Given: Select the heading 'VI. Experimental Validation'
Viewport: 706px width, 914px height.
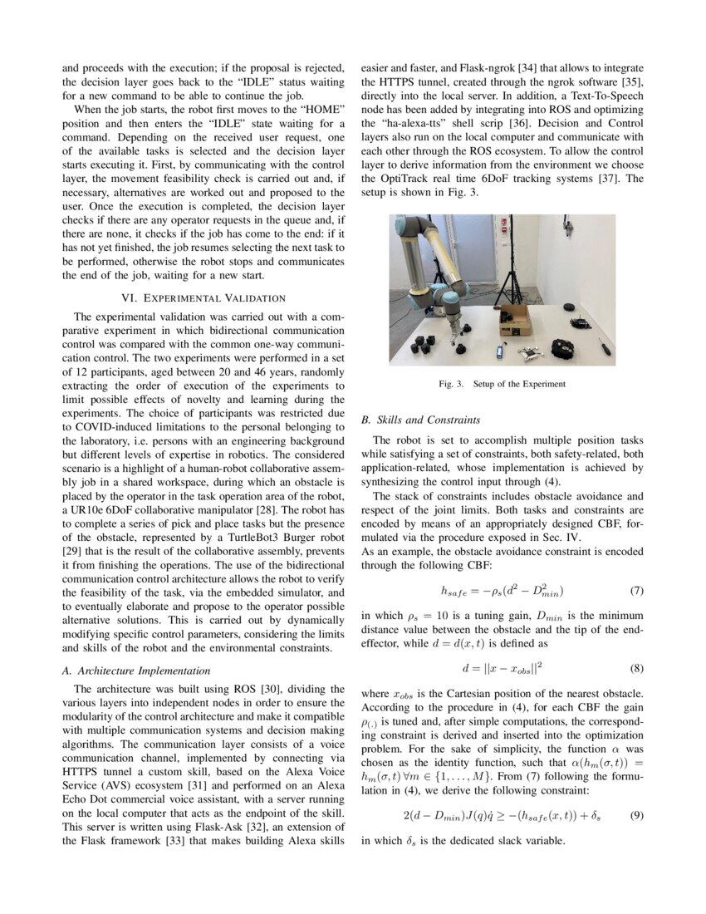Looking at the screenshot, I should click(x=203, y=297).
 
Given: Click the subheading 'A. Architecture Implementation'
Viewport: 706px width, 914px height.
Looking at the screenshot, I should click(x=136, y=670).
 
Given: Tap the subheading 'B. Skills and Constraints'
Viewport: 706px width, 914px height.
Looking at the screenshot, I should click(x=420, y=420).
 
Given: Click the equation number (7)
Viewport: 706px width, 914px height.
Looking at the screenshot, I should click(x=636, y=591).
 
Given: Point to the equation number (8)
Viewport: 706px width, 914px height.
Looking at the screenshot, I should click(x=636, y=667).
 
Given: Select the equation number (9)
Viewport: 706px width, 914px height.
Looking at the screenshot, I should click(x=636, y=816).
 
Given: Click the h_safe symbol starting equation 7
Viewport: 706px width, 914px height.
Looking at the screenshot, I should click(x=455, y=592).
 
